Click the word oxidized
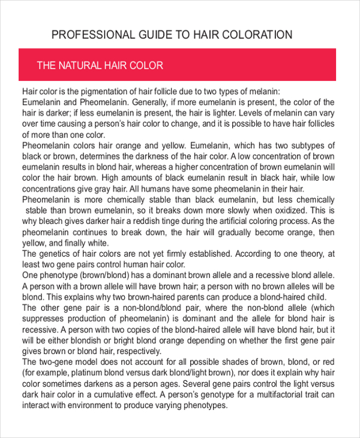[x=285, y=210]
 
